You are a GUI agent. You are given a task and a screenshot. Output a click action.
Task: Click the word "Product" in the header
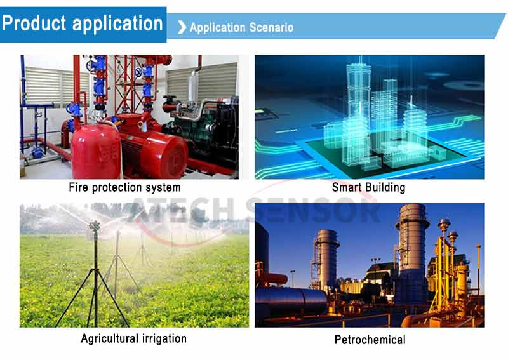click(34, 23)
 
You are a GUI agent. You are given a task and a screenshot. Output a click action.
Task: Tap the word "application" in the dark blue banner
click(117, 24)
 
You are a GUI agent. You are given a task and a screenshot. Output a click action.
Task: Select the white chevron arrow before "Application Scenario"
click(182, 27)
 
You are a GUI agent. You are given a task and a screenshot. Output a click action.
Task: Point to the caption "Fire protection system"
click(124, 187)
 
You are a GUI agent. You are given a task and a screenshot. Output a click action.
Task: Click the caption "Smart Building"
click(369, 187)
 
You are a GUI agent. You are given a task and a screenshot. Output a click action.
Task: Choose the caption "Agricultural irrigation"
click(134, 338)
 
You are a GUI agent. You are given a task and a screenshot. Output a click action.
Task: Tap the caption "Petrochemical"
click(370, 340)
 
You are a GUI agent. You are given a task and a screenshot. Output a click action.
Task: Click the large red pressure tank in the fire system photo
click(96, 151)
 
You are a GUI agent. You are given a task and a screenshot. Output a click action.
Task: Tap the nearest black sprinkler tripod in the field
click(95, 279)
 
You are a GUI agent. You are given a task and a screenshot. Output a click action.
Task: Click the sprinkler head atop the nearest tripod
click(95, 225)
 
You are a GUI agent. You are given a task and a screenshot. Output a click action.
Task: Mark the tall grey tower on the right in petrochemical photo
click(411, 253)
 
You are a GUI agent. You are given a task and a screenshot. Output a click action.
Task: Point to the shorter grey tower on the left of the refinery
click(326, 259)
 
